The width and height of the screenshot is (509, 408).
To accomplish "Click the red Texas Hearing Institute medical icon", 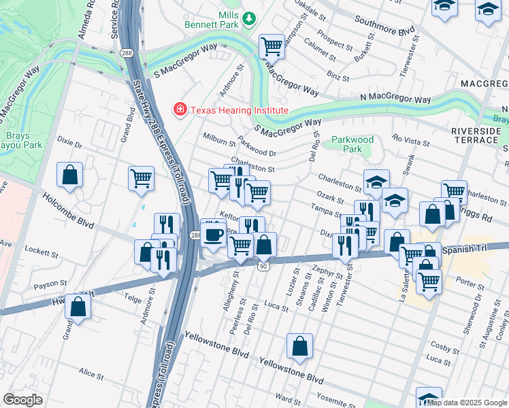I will click(x=180, y=110).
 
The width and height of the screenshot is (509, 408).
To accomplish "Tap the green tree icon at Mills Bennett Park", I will click(x=250, y=18).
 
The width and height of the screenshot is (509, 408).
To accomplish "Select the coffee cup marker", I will click(x=214, y=235).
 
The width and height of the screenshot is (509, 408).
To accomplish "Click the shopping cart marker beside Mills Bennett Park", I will click(x=272, y=47).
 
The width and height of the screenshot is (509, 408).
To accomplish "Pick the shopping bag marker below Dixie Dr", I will click(x=69, y=175).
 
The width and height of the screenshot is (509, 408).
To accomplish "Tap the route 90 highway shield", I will click(x=263, y=267).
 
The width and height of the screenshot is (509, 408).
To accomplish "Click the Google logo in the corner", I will click(x=22, y=400).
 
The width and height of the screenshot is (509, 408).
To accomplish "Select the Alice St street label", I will click(x=91, y=374).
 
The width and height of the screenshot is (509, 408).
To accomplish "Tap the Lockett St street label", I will click(x=42, y=253).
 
